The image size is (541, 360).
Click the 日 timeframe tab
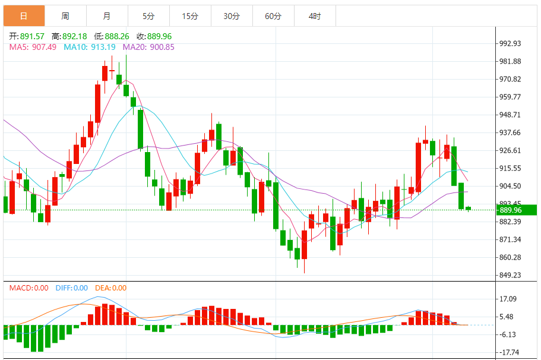click(24, 16)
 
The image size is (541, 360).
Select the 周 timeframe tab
click(65, 16)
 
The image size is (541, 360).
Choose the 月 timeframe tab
click(107, 16)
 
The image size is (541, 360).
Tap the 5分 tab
click(148, 16)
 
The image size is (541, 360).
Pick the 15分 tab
click(190, 16)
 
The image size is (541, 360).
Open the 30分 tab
click(232, 16)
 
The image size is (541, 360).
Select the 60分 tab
click(273, 16)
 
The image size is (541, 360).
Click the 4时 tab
click(315, 16)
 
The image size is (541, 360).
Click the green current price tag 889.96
click(517, 210)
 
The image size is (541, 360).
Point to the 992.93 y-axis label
click(510, 43)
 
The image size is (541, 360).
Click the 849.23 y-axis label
click(510, 275)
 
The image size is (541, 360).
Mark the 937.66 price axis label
click(510, 132)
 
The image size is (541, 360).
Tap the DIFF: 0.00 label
click(71, 288)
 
